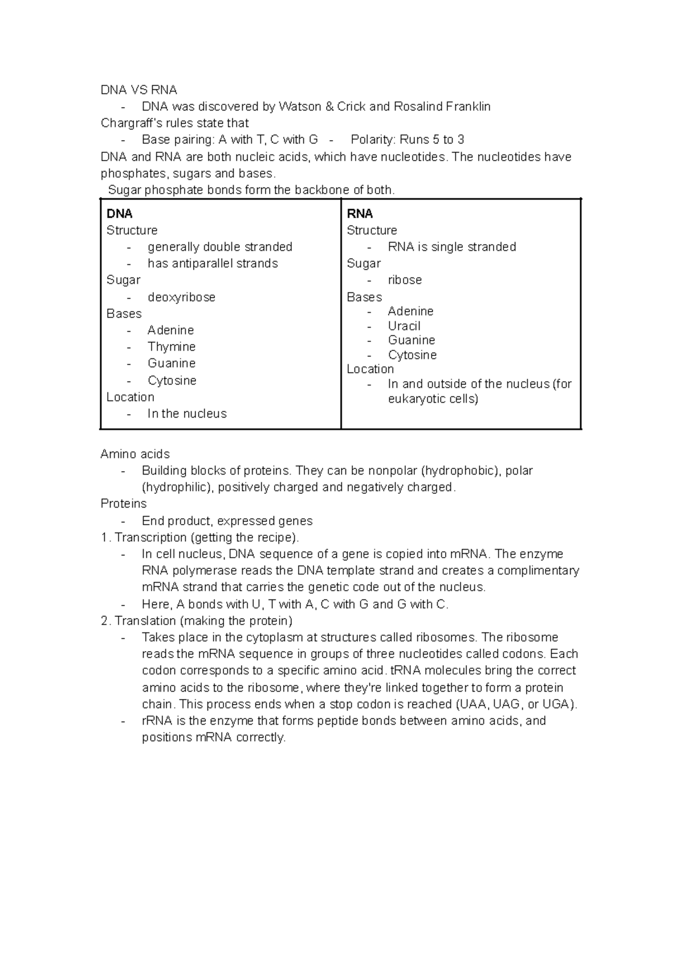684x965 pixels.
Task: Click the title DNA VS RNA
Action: pos(139,90)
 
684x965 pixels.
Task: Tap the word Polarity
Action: pos(372,140)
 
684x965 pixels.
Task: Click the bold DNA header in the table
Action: pos(119,214)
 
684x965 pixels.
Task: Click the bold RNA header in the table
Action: pos(360,214)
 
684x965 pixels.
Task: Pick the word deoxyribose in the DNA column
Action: pos(181,297)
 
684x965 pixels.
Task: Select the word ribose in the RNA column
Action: pos(405,280)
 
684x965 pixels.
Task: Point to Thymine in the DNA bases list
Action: pos(172,347)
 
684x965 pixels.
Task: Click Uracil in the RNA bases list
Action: pos(404,326)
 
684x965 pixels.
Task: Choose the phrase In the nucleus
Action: pos(187,414)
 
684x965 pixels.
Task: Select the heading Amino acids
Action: pos(135,454)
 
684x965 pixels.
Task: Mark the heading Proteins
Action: pos(124,504)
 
